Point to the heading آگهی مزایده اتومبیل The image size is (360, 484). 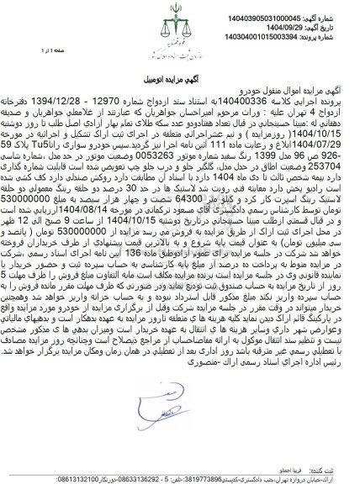[x=180, y=77]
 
